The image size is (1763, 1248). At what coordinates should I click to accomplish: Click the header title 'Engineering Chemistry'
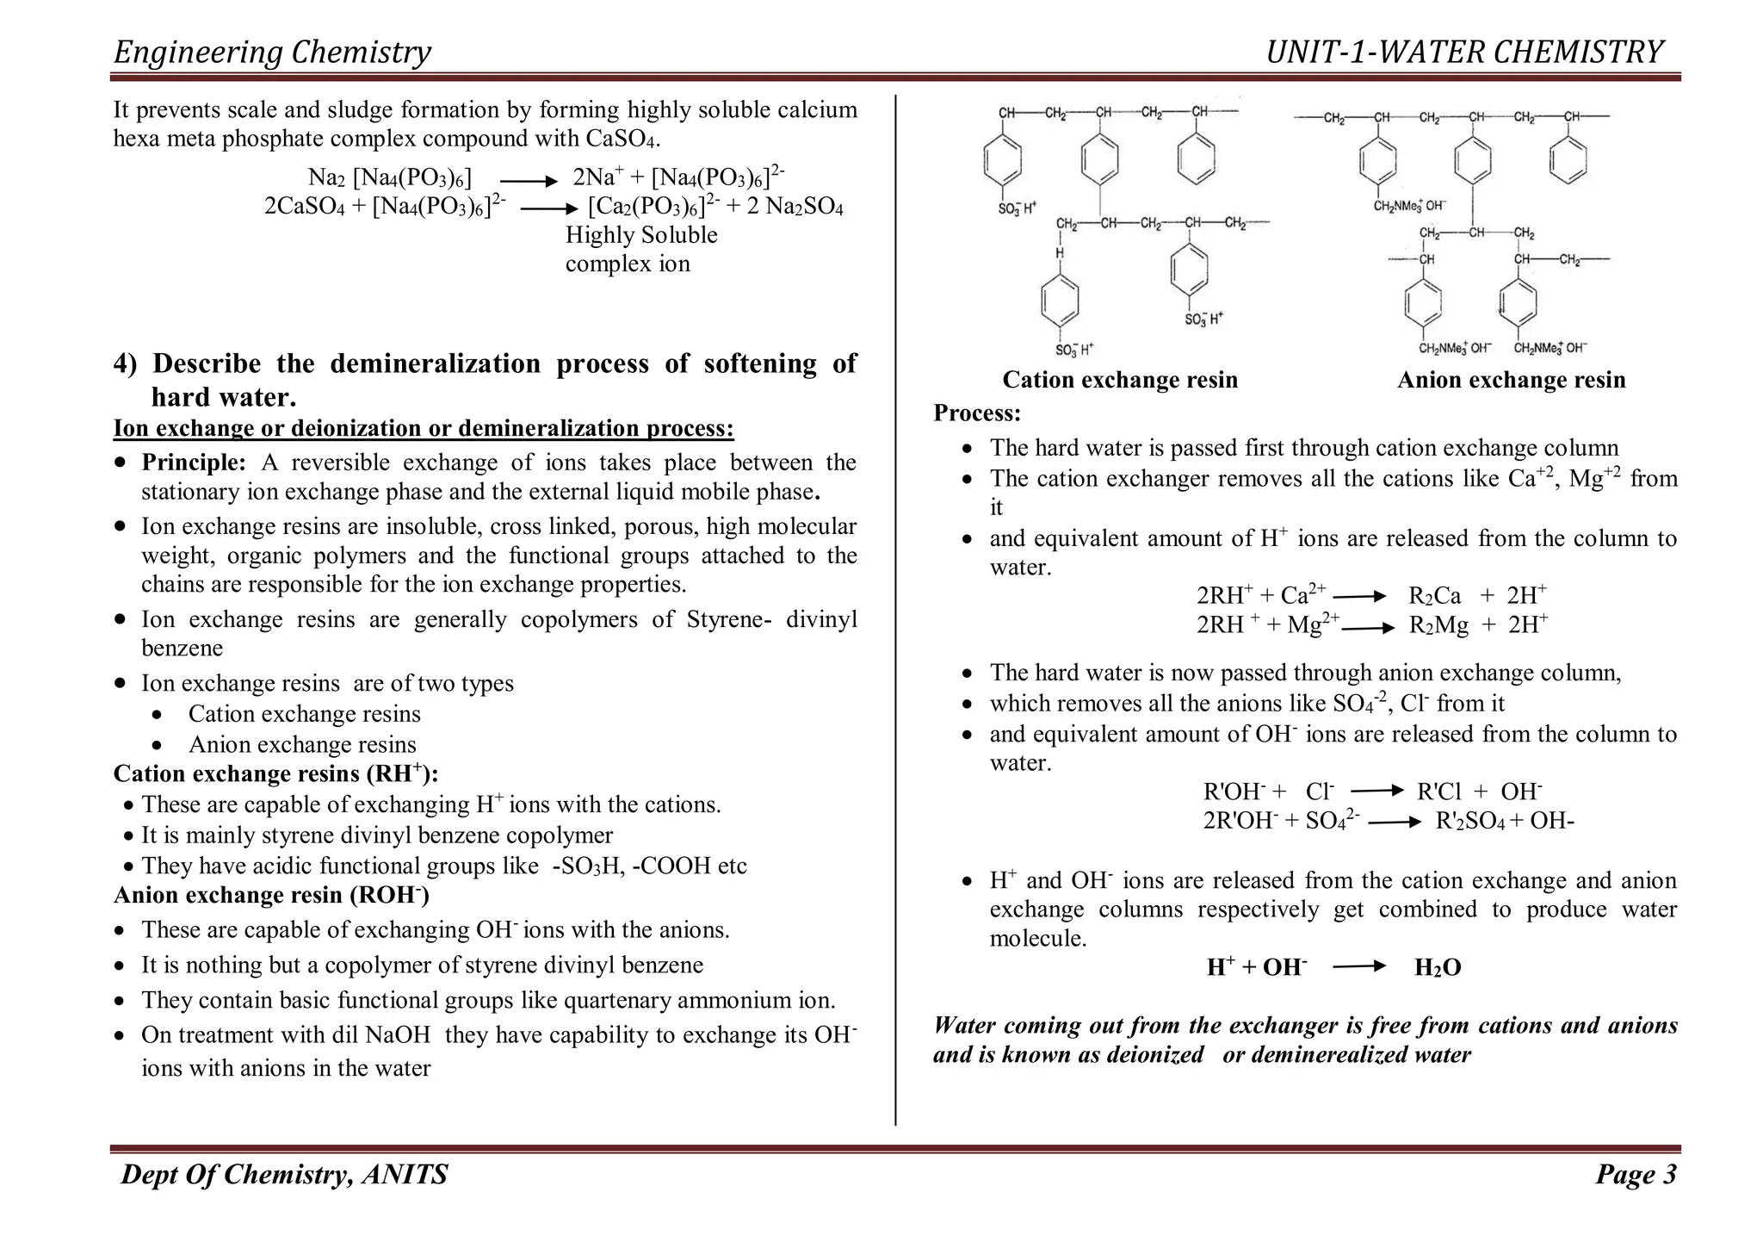pos(272,53)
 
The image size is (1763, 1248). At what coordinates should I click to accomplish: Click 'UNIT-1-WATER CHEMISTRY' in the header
pos(1463,53)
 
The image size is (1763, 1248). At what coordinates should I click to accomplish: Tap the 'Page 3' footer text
pos(1635,1175)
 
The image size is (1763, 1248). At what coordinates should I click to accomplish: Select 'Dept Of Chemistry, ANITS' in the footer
pos(284,1175)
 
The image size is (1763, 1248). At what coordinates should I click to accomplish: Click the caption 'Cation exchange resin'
pos(1120,380)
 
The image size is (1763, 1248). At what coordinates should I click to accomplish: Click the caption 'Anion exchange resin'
pos(1511,380)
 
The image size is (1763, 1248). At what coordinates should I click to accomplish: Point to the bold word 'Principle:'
pos(194,463)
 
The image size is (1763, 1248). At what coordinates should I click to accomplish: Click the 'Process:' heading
pos(977,413)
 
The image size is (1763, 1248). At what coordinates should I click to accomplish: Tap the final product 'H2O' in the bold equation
pos(1438,968)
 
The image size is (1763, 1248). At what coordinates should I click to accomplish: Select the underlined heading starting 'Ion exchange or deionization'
pos(424,428)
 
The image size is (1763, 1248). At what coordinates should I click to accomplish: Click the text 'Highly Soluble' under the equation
pos(641,235)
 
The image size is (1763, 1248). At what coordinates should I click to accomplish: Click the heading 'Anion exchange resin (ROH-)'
pos(271,896)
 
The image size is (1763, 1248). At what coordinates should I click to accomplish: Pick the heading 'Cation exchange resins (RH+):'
pos(275,773)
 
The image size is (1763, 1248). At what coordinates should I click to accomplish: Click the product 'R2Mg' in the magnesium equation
pos(1438,625)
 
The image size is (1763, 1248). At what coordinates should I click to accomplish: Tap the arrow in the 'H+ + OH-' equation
pos(1358,967)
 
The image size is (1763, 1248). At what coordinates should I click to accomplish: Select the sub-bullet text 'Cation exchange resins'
pos(304,714)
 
